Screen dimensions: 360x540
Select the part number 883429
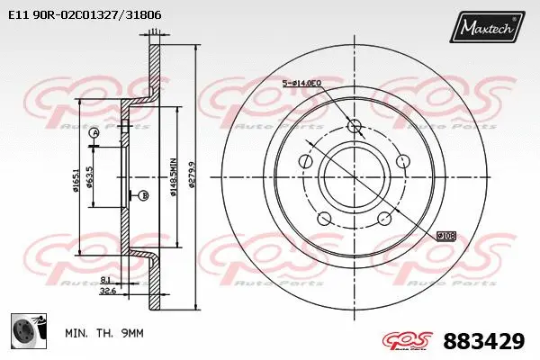pyautogui.click(x=483, y=342)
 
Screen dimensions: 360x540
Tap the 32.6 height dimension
pyautogui.click(x=109, y=291)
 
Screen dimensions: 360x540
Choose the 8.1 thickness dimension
pyautogui.click(x=107, y=279)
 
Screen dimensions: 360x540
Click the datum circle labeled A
pyautogui.click(x=94, y=134)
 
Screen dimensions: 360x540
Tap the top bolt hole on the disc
pyautogui.click(x=353, y=127)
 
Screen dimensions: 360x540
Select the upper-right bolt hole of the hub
pyautogui.click(x=402, y=161)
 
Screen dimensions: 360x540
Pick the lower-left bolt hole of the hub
pyautogui.click(x=323, y=218)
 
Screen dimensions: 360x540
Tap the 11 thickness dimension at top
pyautogui.click(x=155, y=31)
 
